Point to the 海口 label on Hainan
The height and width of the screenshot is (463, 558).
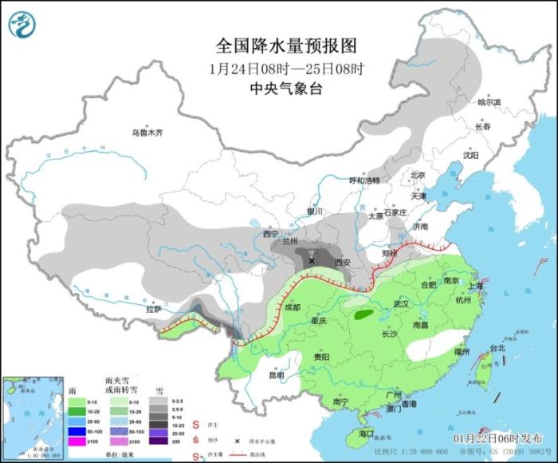click(366, 433)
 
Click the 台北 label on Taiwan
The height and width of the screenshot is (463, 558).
click(497, 348)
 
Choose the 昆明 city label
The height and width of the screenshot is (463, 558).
click(276, 374)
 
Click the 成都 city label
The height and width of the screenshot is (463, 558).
click(291, 307)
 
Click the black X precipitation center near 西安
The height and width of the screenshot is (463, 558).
click(312, 260)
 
